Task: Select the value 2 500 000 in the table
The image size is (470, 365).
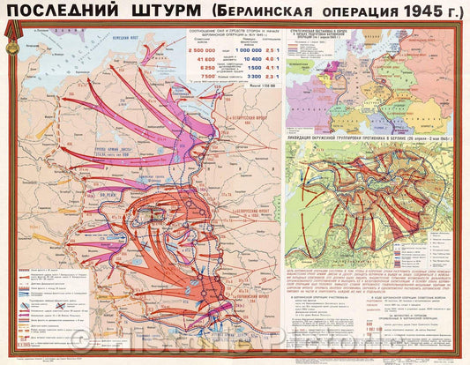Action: coord(205,51)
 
